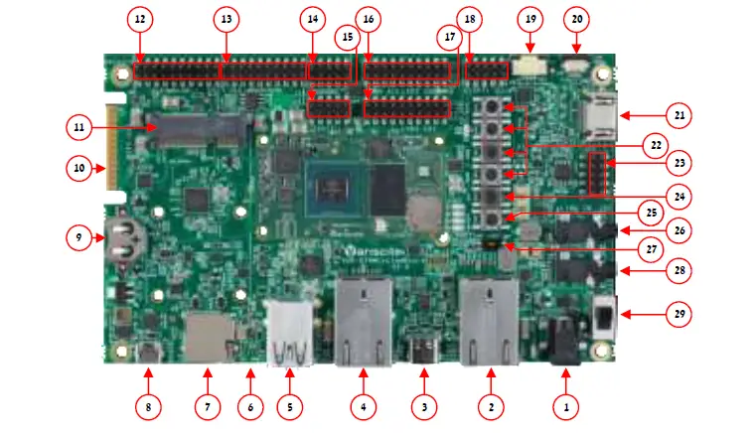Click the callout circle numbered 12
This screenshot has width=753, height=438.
[138, 19]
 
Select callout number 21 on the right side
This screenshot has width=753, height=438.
[679, 116]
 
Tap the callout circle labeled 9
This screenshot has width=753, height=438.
[78, 237]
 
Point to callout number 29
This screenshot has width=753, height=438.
[679, 315]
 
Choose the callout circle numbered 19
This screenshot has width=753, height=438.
[529, 19]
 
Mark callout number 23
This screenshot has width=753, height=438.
[679, 162]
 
